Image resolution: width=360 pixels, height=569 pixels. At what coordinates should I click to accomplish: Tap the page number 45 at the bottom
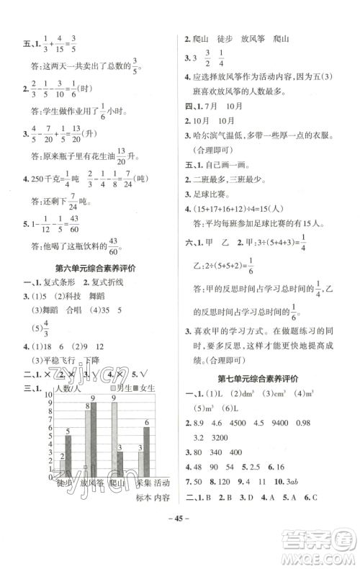[x=180, y=534]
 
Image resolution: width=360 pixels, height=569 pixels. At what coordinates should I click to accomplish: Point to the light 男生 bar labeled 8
[x=88, y=439]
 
